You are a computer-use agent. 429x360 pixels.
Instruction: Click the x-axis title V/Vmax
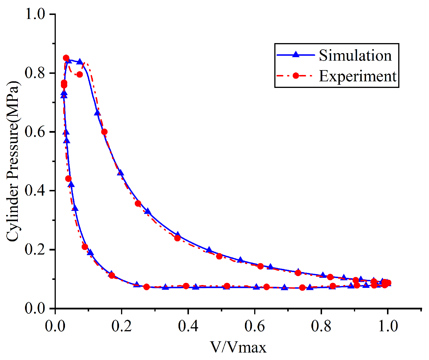tap(238, 347)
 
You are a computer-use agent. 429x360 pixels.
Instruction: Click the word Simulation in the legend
tap(355, 55)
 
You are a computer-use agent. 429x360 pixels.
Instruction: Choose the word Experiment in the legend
tap(358, 76)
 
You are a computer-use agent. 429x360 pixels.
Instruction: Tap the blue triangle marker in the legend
tap(295, 55)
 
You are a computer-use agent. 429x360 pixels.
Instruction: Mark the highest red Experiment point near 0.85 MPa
tap(66, 58)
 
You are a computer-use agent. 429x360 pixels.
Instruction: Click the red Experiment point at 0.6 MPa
tap(104, 132)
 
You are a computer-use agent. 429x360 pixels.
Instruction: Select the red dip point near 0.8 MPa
tap(80, 75)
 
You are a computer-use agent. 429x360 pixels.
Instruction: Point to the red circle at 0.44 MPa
tap(68, 179)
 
